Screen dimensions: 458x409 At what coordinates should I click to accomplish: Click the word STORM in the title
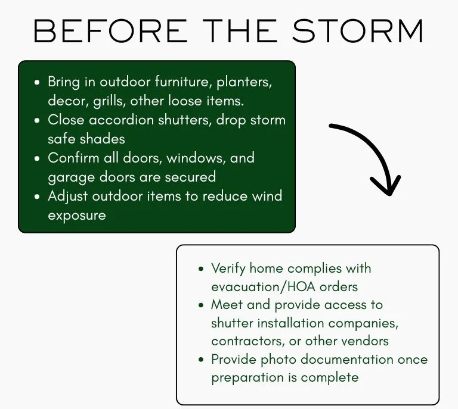pos(358,31)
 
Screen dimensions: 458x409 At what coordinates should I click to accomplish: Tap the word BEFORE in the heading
pos(110,31)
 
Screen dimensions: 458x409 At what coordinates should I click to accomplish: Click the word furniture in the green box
pos(184,82)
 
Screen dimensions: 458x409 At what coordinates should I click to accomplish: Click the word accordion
pos(121,120)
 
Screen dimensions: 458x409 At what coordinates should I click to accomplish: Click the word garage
pos(72,177)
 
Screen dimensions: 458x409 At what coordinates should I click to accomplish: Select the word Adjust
pos(68,196)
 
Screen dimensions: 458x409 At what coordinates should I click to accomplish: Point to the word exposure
pos(77,216)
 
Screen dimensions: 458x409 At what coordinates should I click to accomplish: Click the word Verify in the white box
pos(228,268)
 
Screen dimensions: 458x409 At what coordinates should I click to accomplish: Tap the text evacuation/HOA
pos(263,286)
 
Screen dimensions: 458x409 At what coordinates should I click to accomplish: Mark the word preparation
pos(247,378)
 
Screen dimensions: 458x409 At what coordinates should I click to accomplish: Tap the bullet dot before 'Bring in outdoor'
pos(37,83)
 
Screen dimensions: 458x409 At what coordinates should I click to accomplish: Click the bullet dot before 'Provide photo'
pos(200,360)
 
